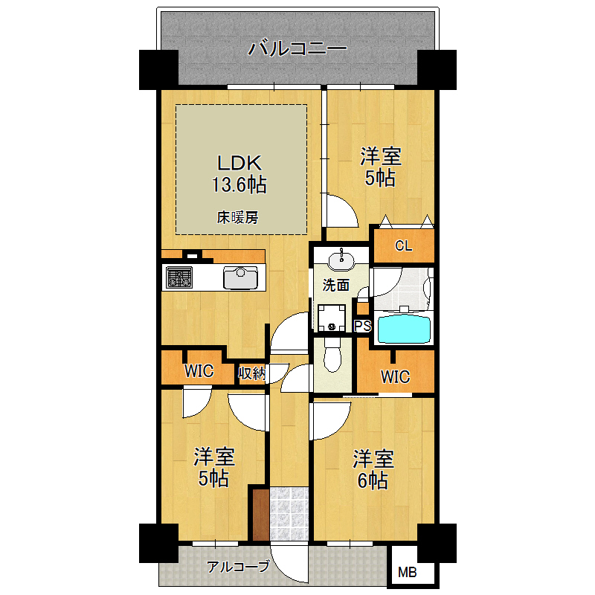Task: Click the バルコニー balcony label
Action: point(297,48)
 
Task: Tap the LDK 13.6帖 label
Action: point(239,174)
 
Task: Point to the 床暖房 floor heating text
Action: point(237,217)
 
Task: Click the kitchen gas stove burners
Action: point(179,277)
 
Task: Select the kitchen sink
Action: point(240,277)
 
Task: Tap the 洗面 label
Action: point(336,285)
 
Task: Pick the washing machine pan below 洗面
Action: point(331,318)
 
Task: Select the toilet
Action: point(332,355)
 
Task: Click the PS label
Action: point(362,326)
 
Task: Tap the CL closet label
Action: point(403,246)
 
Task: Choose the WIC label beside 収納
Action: point(199,370)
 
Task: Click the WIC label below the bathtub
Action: point(396,377)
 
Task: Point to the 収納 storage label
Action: point(251,373)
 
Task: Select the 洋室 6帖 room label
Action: point(373,470)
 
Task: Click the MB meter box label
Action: point(407,572)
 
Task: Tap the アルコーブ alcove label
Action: point(238,567)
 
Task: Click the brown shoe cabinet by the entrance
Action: point(261,515)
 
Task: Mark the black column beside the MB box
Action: point(437,543)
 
